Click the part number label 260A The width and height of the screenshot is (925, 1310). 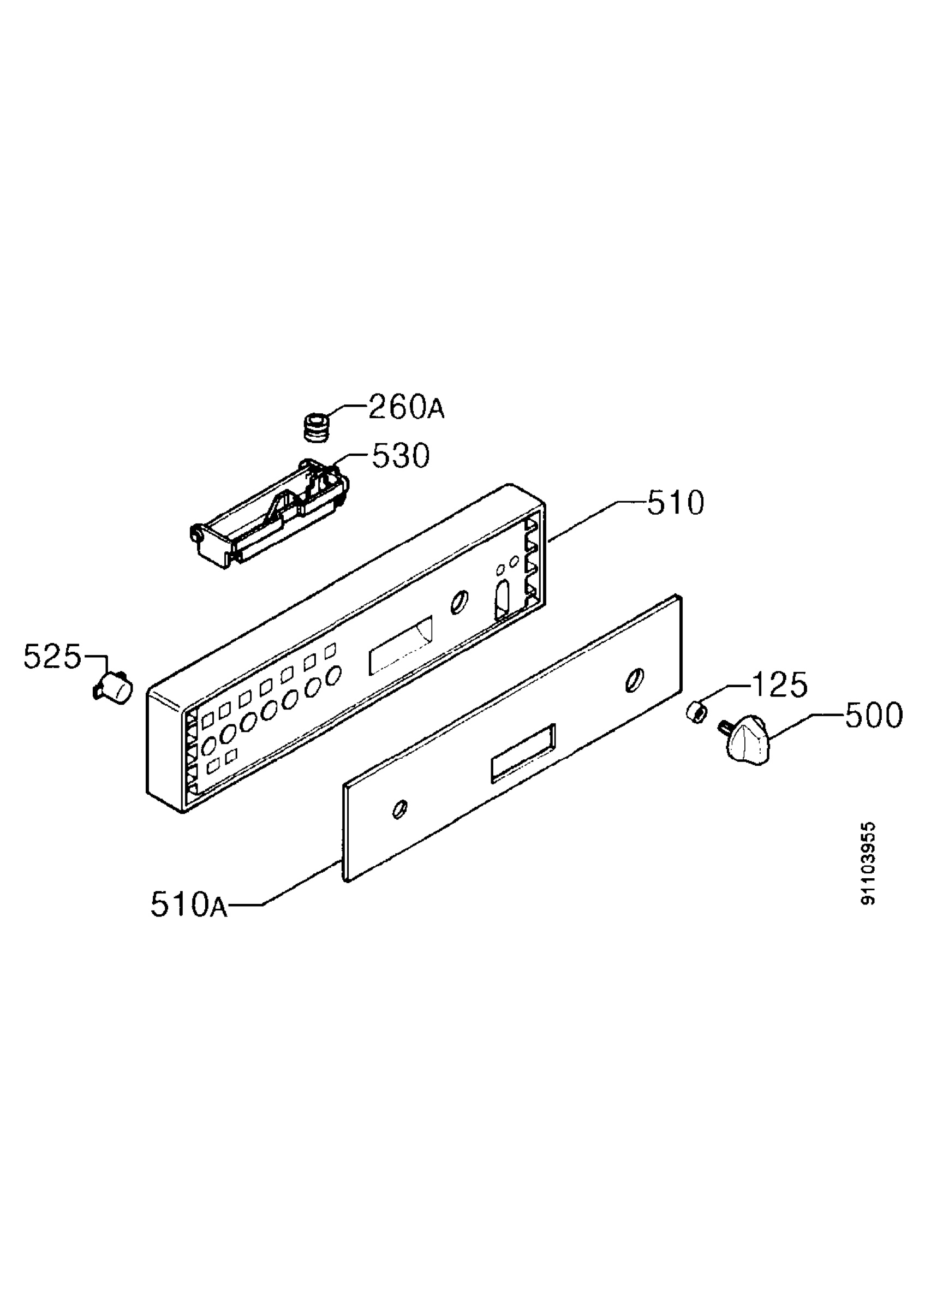(x=406, y=407)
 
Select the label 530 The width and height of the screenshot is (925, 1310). (x=401, y=456)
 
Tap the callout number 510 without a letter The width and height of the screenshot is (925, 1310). (x=675, y=503)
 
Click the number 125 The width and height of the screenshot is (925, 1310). (x=780, y=684)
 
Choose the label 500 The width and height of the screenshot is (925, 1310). (x=874, y=715)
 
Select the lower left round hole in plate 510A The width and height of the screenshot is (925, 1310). (x=400, y=808)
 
